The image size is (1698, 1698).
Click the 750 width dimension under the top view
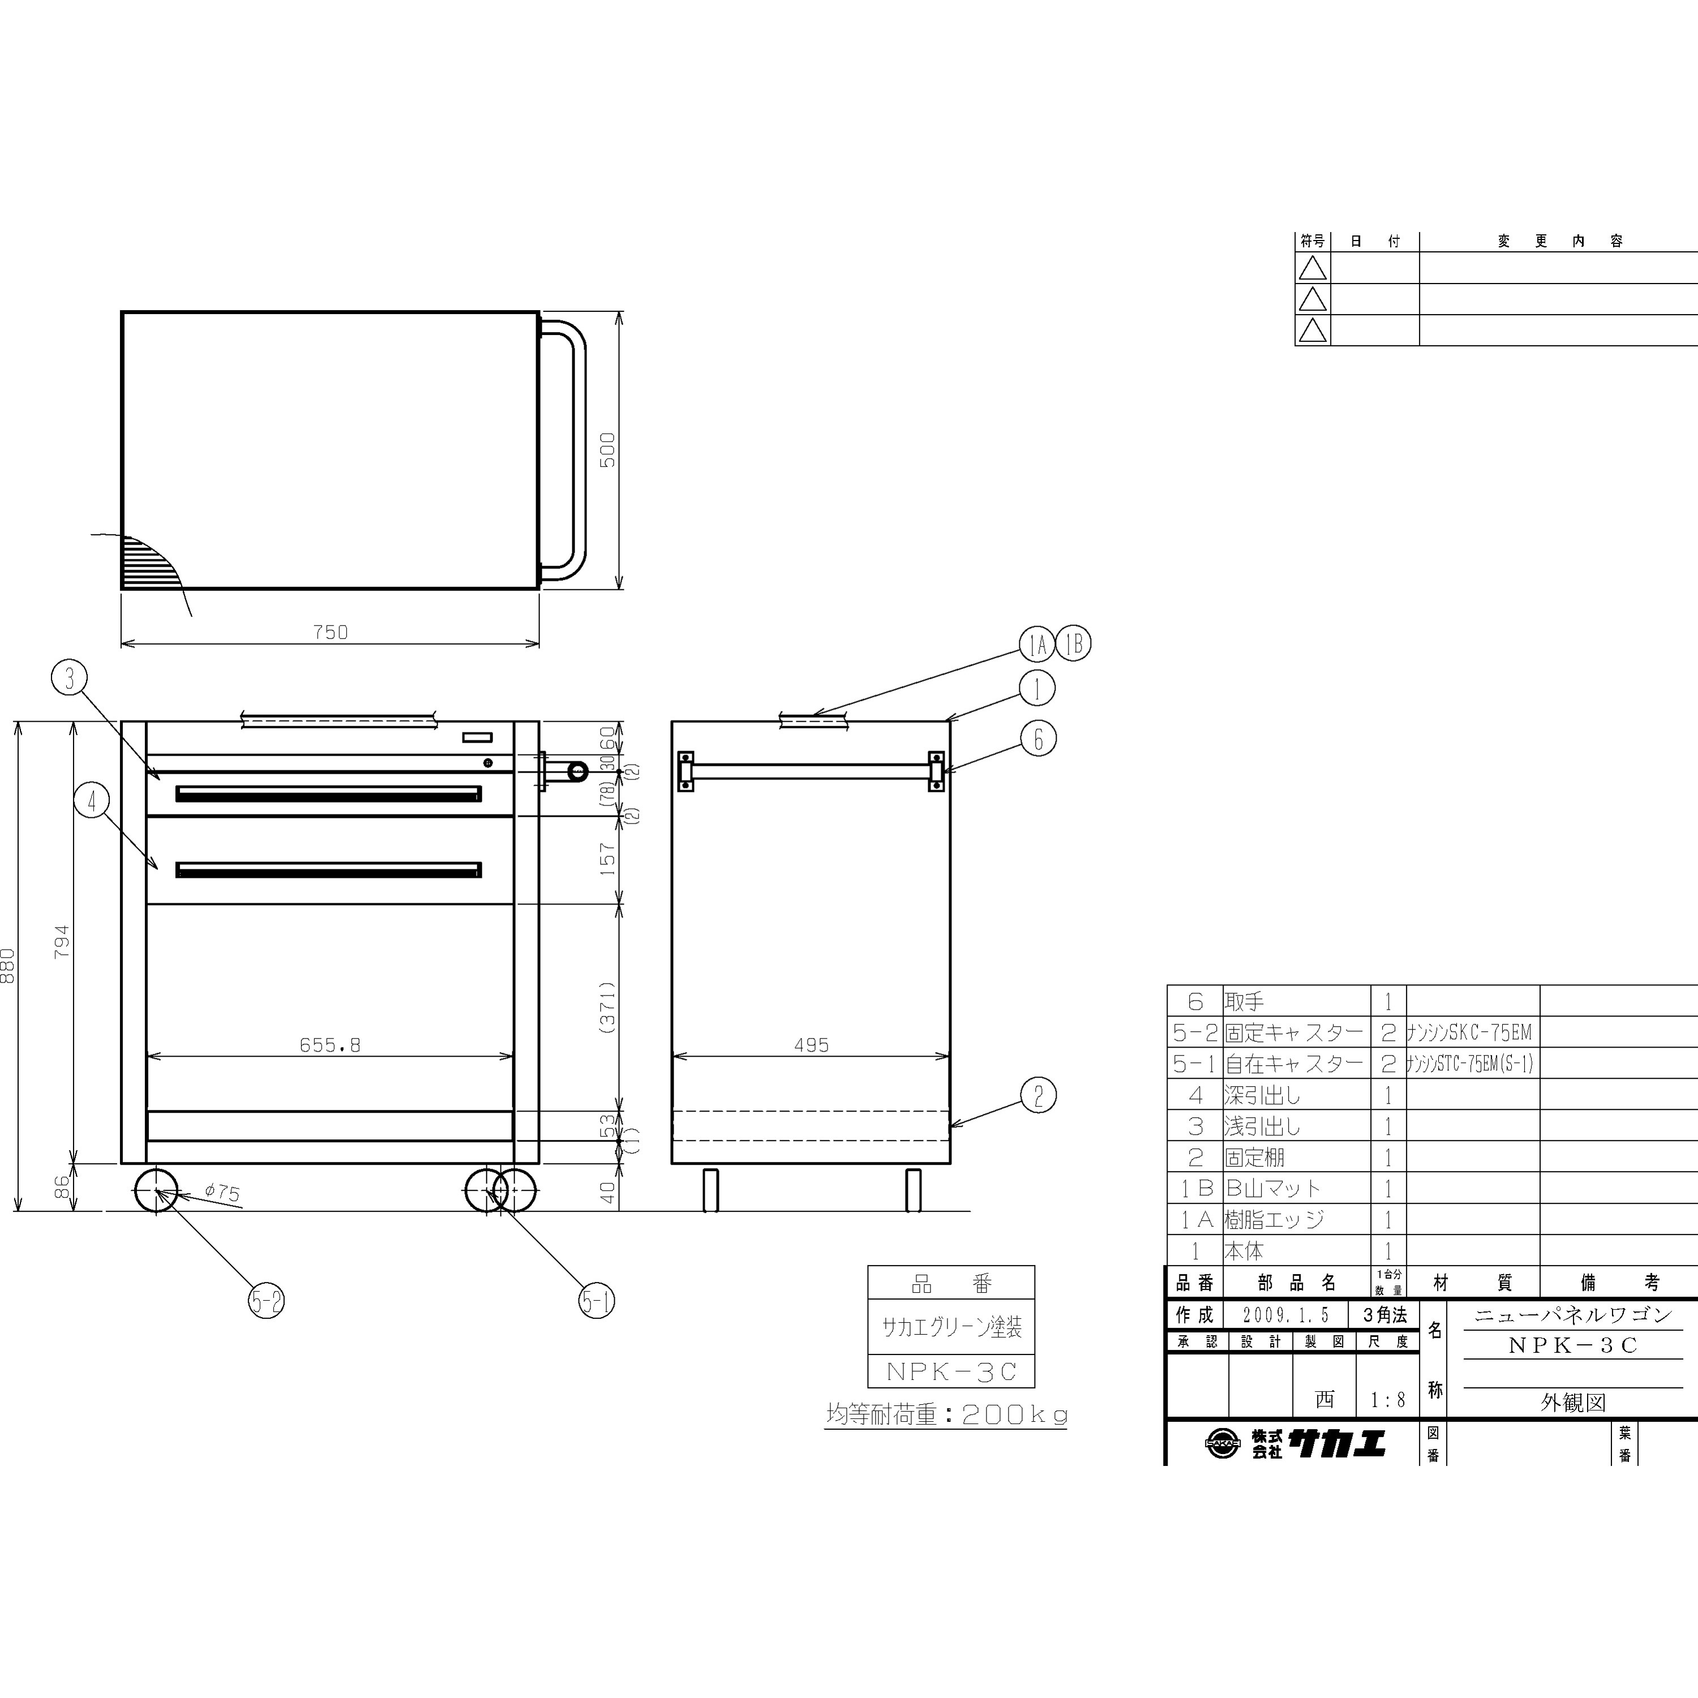tap(331, 632)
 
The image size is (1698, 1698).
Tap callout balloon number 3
tap(70, 678)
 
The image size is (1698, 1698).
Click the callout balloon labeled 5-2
tap(266, 1301)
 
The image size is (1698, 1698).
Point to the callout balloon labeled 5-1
tap(597, 1301)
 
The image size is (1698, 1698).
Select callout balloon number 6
tap(1038, 739)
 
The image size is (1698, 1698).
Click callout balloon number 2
tap(1038, 1096)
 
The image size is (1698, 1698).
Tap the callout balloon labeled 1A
tap(1037, 644)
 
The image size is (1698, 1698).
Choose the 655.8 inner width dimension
tap(331, 1045)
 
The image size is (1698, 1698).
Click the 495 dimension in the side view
tap(811, 1045)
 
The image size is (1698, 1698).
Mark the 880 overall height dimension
tap(9, 966)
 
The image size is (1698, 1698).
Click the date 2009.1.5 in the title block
tap(1286, 1315)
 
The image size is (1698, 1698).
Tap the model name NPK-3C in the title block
tap(1573, 1345)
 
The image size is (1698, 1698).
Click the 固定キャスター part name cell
tap(1294, 1032)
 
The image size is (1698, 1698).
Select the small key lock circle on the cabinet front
tap(488, 763)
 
